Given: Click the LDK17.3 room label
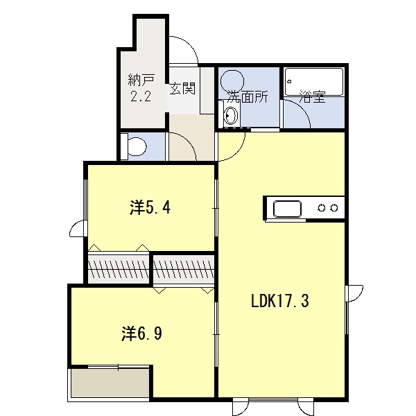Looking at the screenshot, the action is (x=280, y=301).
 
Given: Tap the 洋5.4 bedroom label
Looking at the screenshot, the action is (x=150, y=207).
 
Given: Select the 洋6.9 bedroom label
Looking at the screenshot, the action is (x=142, y=333).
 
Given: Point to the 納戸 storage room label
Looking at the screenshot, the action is (x=141, y=80).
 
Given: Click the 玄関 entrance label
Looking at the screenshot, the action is (x=182, y=88).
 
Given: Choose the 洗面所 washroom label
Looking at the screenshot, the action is (x=248, y=97).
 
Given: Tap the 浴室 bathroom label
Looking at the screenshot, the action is (x=312, y=97).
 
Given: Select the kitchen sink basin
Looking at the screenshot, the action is (x=287, y=209).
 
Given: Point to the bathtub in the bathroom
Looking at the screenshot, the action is (x=314, y=82).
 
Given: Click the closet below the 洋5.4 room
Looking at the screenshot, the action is (x=119, y=267).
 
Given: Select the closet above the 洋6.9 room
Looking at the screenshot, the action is (x=184, y=270).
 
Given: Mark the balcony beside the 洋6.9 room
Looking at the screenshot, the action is (x=110, y=383).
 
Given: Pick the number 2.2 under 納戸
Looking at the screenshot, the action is (x=141, y=96).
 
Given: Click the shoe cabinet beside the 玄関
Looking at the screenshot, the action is (x=207, y=90).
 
